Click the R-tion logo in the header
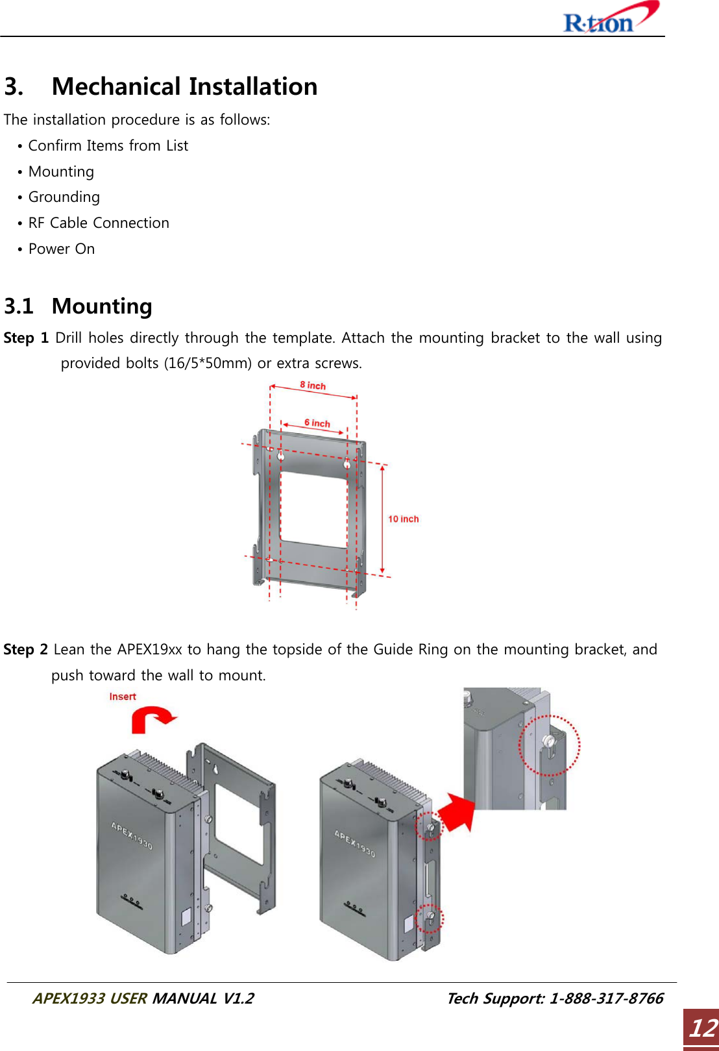point(610,19)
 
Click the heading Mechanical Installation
point(184,86)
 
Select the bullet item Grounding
point(64,197)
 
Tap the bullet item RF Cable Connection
point(99,223)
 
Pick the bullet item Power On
point(62,249)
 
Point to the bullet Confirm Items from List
point(108,145)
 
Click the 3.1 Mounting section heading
point(78,306)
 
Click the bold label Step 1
point(26,338)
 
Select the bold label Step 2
point(26,649)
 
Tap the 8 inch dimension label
point(313,385)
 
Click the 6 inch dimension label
point(317,423)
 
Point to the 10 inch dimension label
point(403,519)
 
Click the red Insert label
point(123,697)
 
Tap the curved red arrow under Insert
point(152,719)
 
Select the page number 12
point(702,1028)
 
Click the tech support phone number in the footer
point(605,998)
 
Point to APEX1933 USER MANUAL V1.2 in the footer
point(143,998)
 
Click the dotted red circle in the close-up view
point(549,745)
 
